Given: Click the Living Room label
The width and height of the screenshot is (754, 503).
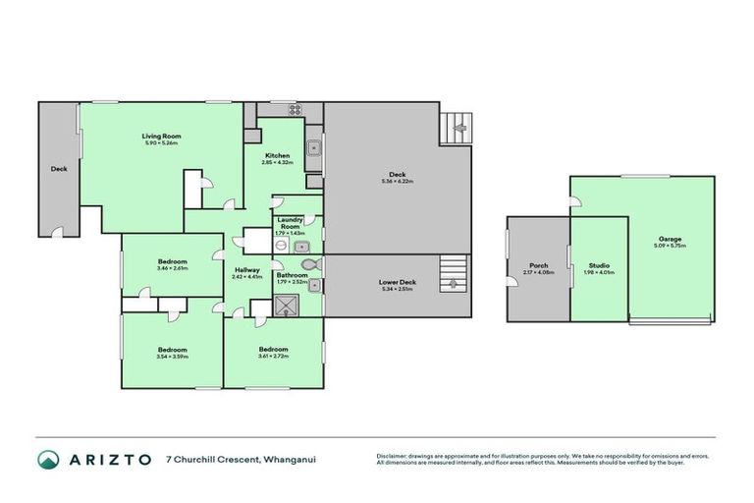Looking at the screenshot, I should pos(161,136).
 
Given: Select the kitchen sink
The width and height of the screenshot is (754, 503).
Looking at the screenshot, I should pos(314,150).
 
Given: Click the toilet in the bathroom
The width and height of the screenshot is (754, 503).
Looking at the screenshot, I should pos(310,265).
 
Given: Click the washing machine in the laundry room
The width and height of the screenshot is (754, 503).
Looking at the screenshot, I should pos(305,247).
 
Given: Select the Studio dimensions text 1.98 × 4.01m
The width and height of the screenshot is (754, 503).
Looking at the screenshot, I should pos(600,272).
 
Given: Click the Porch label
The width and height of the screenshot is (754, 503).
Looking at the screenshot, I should pos(538,264).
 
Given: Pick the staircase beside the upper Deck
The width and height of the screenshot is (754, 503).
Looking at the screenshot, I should pos(458,126).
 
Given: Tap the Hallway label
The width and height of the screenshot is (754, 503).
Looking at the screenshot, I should pos(246,269).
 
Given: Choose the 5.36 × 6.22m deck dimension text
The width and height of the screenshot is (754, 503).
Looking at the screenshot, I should pos(397,182).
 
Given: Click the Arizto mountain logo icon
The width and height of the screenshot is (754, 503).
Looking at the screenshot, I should pos(48,460).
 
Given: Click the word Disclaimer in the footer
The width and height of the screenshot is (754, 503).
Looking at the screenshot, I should pos(393,456).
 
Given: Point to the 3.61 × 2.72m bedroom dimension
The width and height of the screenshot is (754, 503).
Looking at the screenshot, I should pos(273,357).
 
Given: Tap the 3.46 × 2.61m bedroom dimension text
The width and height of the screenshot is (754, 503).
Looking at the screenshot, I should pos(172,267).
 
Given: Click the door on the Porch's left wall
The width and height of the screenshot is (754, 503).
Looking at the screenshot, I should pos(510,284).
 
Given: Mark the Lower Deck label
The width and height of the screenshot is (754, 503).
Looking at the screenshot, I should pos(397,282).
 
